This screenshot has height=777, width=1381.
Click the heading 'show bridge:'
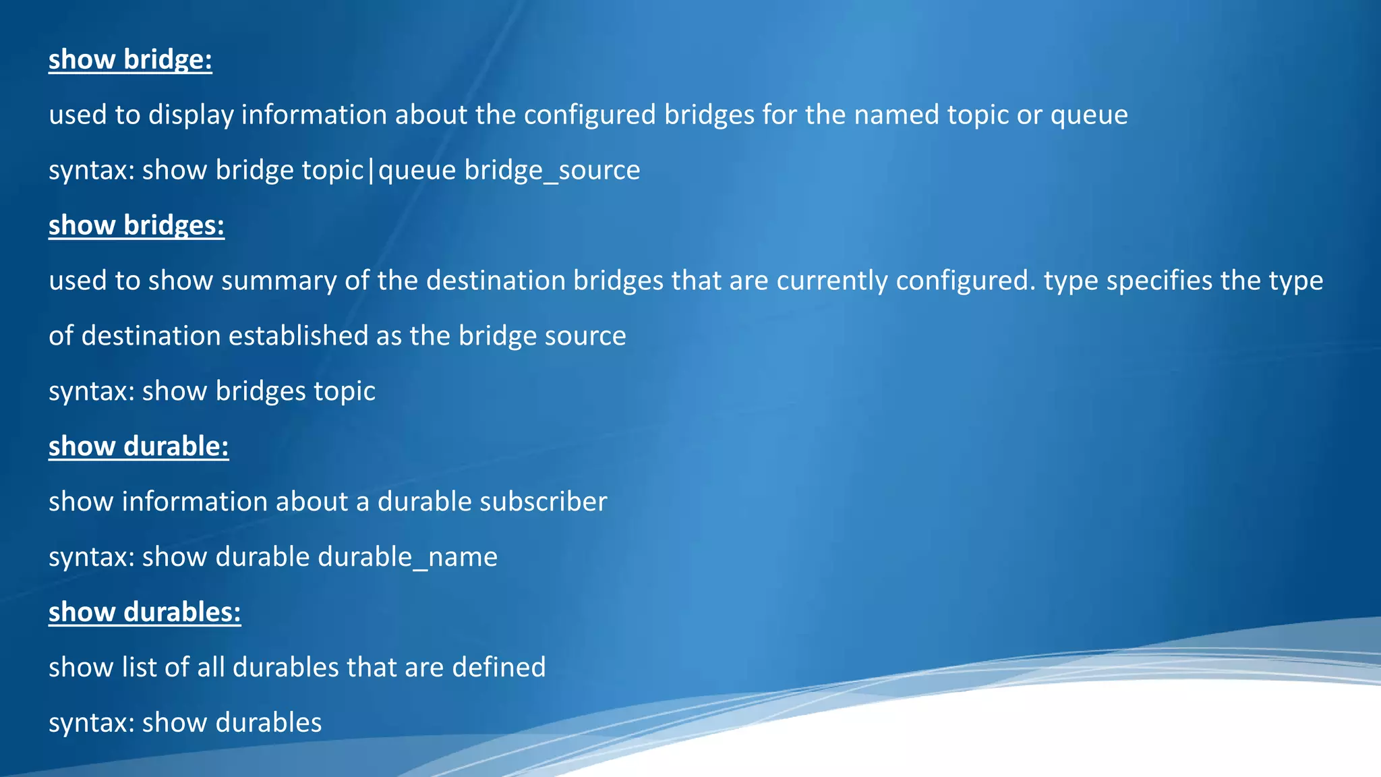click(x=130, y=59)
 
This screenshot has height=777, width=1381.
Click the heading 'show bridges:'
click(x=136, y=225)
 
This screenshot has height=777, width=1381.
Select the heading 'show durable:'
click(x=138, y=447)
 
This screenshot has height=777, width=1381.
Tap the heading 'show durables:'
click(x=144, y=612)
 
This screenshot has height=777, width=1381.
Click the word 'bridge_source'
click(x=552, y=170)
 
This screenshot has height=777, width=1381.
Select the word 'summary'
click(x=278, y=281)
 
